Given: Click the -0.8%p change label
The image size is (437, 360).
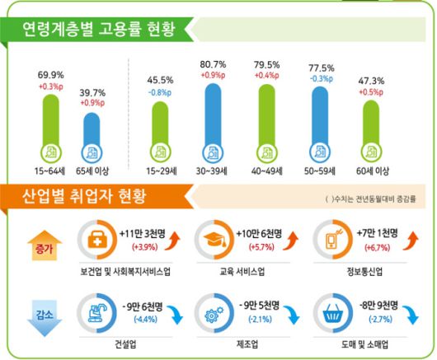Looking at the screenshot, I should tap(159, 91).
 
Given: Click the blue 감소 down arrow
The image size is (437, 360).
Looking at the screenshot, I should tap(34, 314).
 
